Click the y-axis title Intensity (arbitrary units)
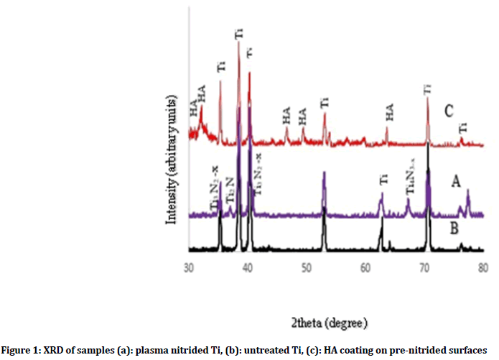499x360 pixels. point(172,162)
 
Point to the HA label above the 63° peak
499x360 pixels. point(390,112)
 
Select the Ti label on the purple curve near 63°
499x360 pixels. point(383,183)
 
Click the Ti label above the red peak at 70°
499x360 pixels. point(427,90)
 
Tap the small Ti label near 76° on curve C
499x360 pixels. point(463,127)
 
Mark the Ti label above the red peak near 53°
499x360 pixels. point(325,103)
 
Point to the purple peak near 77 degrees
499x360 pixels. point(468,191)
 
